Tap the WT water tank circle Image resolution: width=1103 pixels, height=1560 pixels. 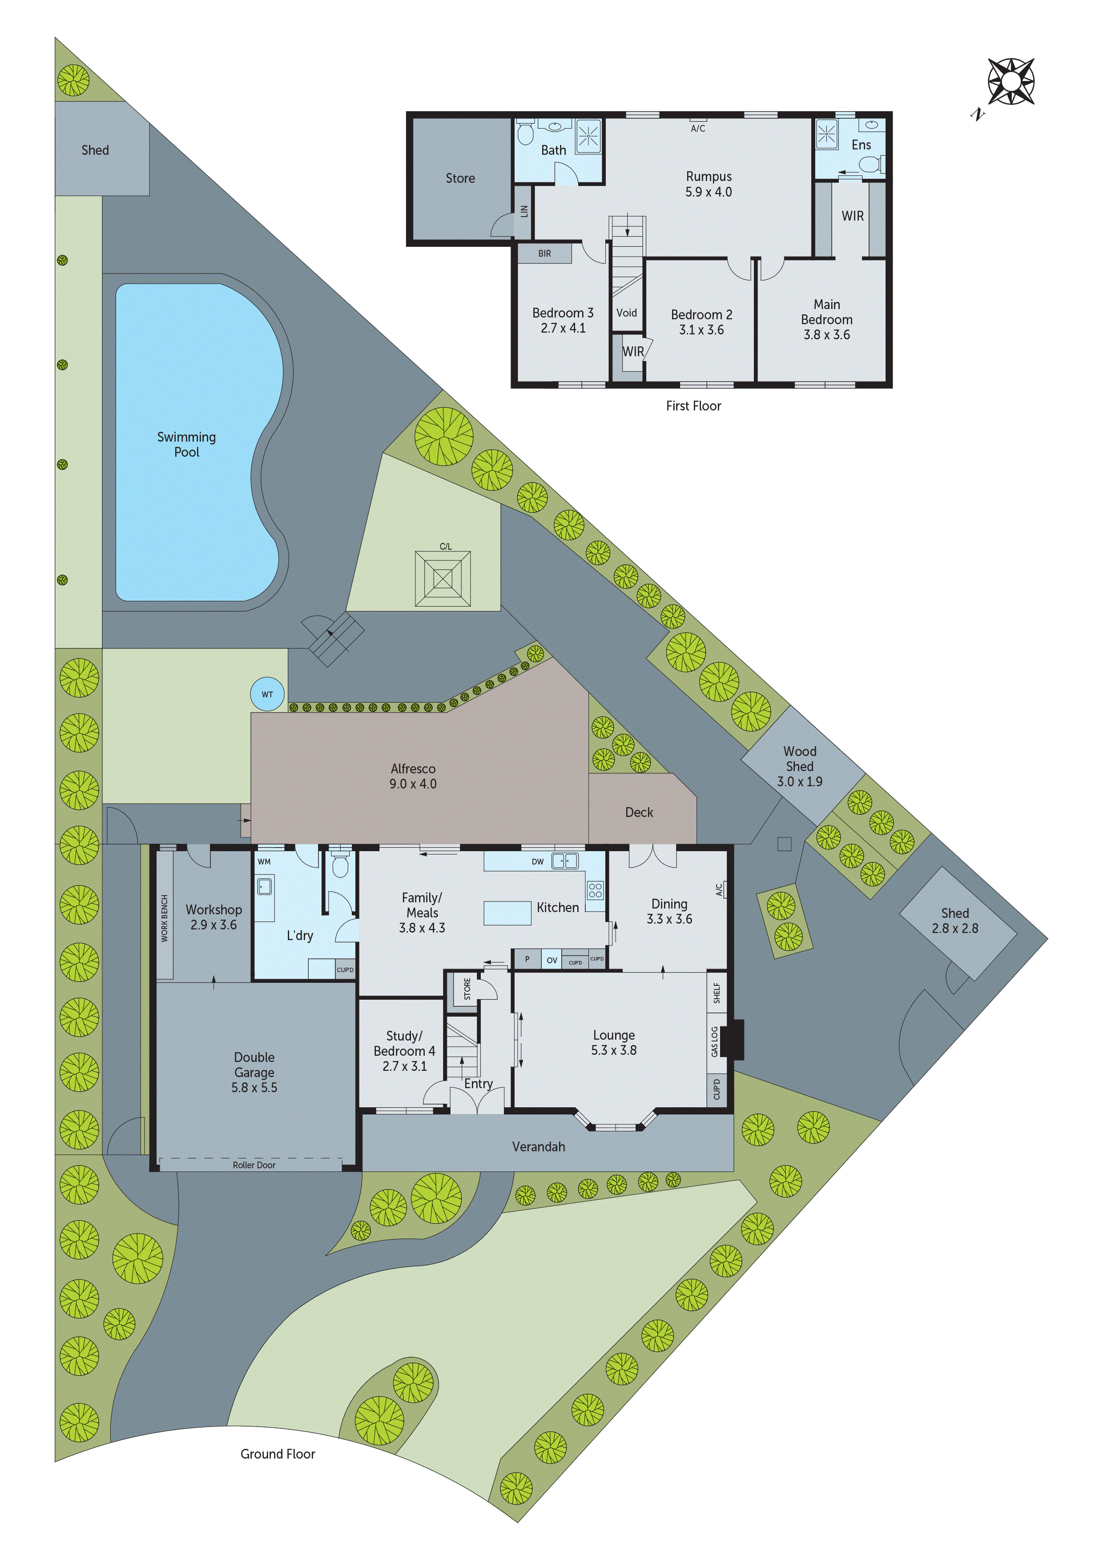click(x=267, y=694)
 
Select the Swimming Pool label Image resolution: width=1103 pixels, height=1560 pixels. click(x=186, y=444)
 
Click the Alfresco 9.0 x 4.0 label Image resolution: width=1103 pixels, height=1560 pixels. click(x=413, y=776)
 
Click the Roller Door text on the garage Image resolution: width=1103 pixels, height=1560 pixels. click(x=254, y=1165)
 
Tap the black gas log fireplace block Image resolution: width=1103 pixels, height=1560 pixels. click(x=732, y=1040)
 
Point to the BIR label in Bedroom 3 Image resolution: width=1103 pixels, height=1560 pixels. click(x=544, y=253)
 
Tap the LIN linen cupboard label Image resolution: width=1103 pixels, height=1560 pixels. click(x=524, y=211)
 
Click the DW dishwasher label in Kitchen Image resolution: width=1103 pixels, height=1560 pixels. click(x=538, y=861)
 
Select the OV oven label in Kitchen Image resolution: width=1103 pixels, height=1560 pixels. click(x=552, y=960)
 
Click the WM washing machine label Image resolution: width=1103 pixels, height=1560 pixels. click(x=264, y=861)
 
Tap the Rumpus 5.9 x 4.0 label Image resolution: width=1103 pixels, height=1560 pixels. click(x=708, y=184)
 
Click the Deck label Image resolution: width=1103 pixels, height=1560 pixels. click(x=639, y=812)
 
